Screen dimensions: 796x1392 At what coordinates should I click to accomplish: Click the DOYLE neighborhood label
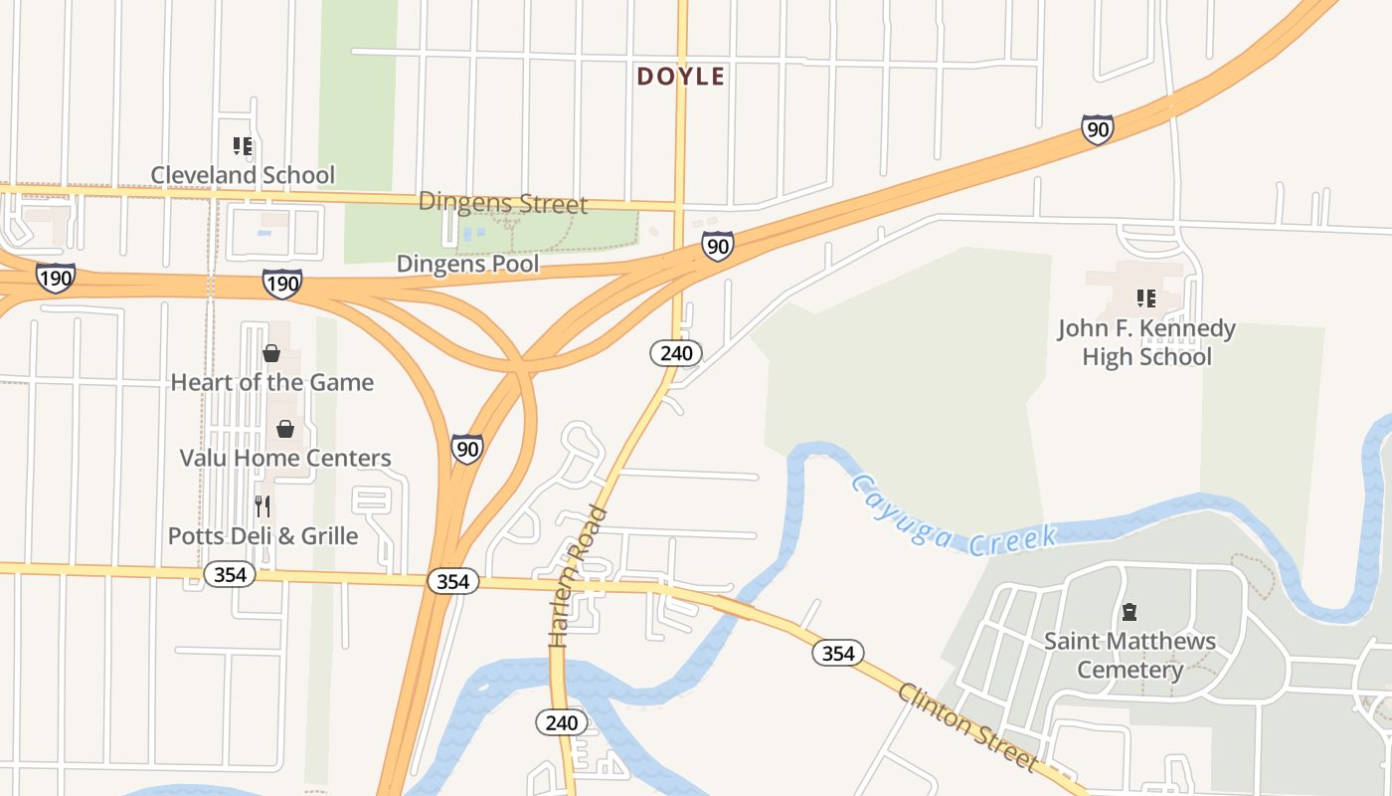click(x=681, y=77)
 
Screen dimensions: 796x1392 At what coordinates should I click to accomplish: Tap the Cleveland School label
click(x=243, y=175)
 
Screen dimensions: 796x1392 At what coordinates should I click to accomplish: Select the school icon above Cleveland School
click(x=243, y=147)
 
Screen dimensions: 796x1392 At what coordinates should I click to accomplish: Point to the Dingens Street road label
click(x=503, y=203)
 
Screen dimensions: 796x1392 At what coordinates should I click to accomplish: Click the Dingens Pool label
click(x=467, y=264)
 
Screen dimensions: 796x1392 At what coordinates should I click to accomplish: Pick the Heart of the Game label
click(x=272, y=382)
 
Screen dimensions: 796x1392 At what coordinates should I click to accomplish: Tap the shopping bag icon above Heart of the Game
click(x=271, y=352)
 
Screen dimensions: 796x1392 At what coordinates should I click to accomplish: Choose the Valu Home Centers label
click(x=285, y=458)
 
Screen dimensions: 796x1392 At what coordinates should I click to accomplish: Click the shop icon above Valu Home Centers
click(x=285, y=429)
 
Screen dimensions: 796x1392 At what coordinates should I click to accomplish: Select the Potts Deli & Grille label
click(x=262, y=535)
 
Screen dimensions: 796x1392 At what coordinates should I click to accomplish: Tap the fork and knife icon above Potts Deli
click(x=262, y=506)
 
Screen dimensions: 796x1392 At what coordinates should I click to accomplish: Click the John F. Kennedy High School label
click(x=1146, y=342)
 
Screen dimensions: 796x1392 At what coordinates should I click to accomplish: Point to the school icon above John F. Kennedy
click(x=1146, y=298)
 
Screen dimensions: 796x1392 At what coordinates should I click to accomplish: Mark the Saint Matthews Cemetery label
click(x=1130, y=655)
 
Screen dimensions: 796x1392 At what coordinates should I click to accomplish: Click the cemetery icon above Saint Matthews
click(x=1129, y=612)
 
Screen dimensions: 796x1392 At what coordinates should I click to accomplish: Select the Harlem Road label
click(x=578, y=577)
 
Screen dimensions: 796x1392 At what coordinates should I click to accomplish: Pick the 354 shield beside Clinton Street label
click(x=838, y=653)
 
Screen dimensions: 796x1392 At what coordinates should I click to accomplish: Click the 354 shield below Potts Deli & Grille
click(x=230, y=574)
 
